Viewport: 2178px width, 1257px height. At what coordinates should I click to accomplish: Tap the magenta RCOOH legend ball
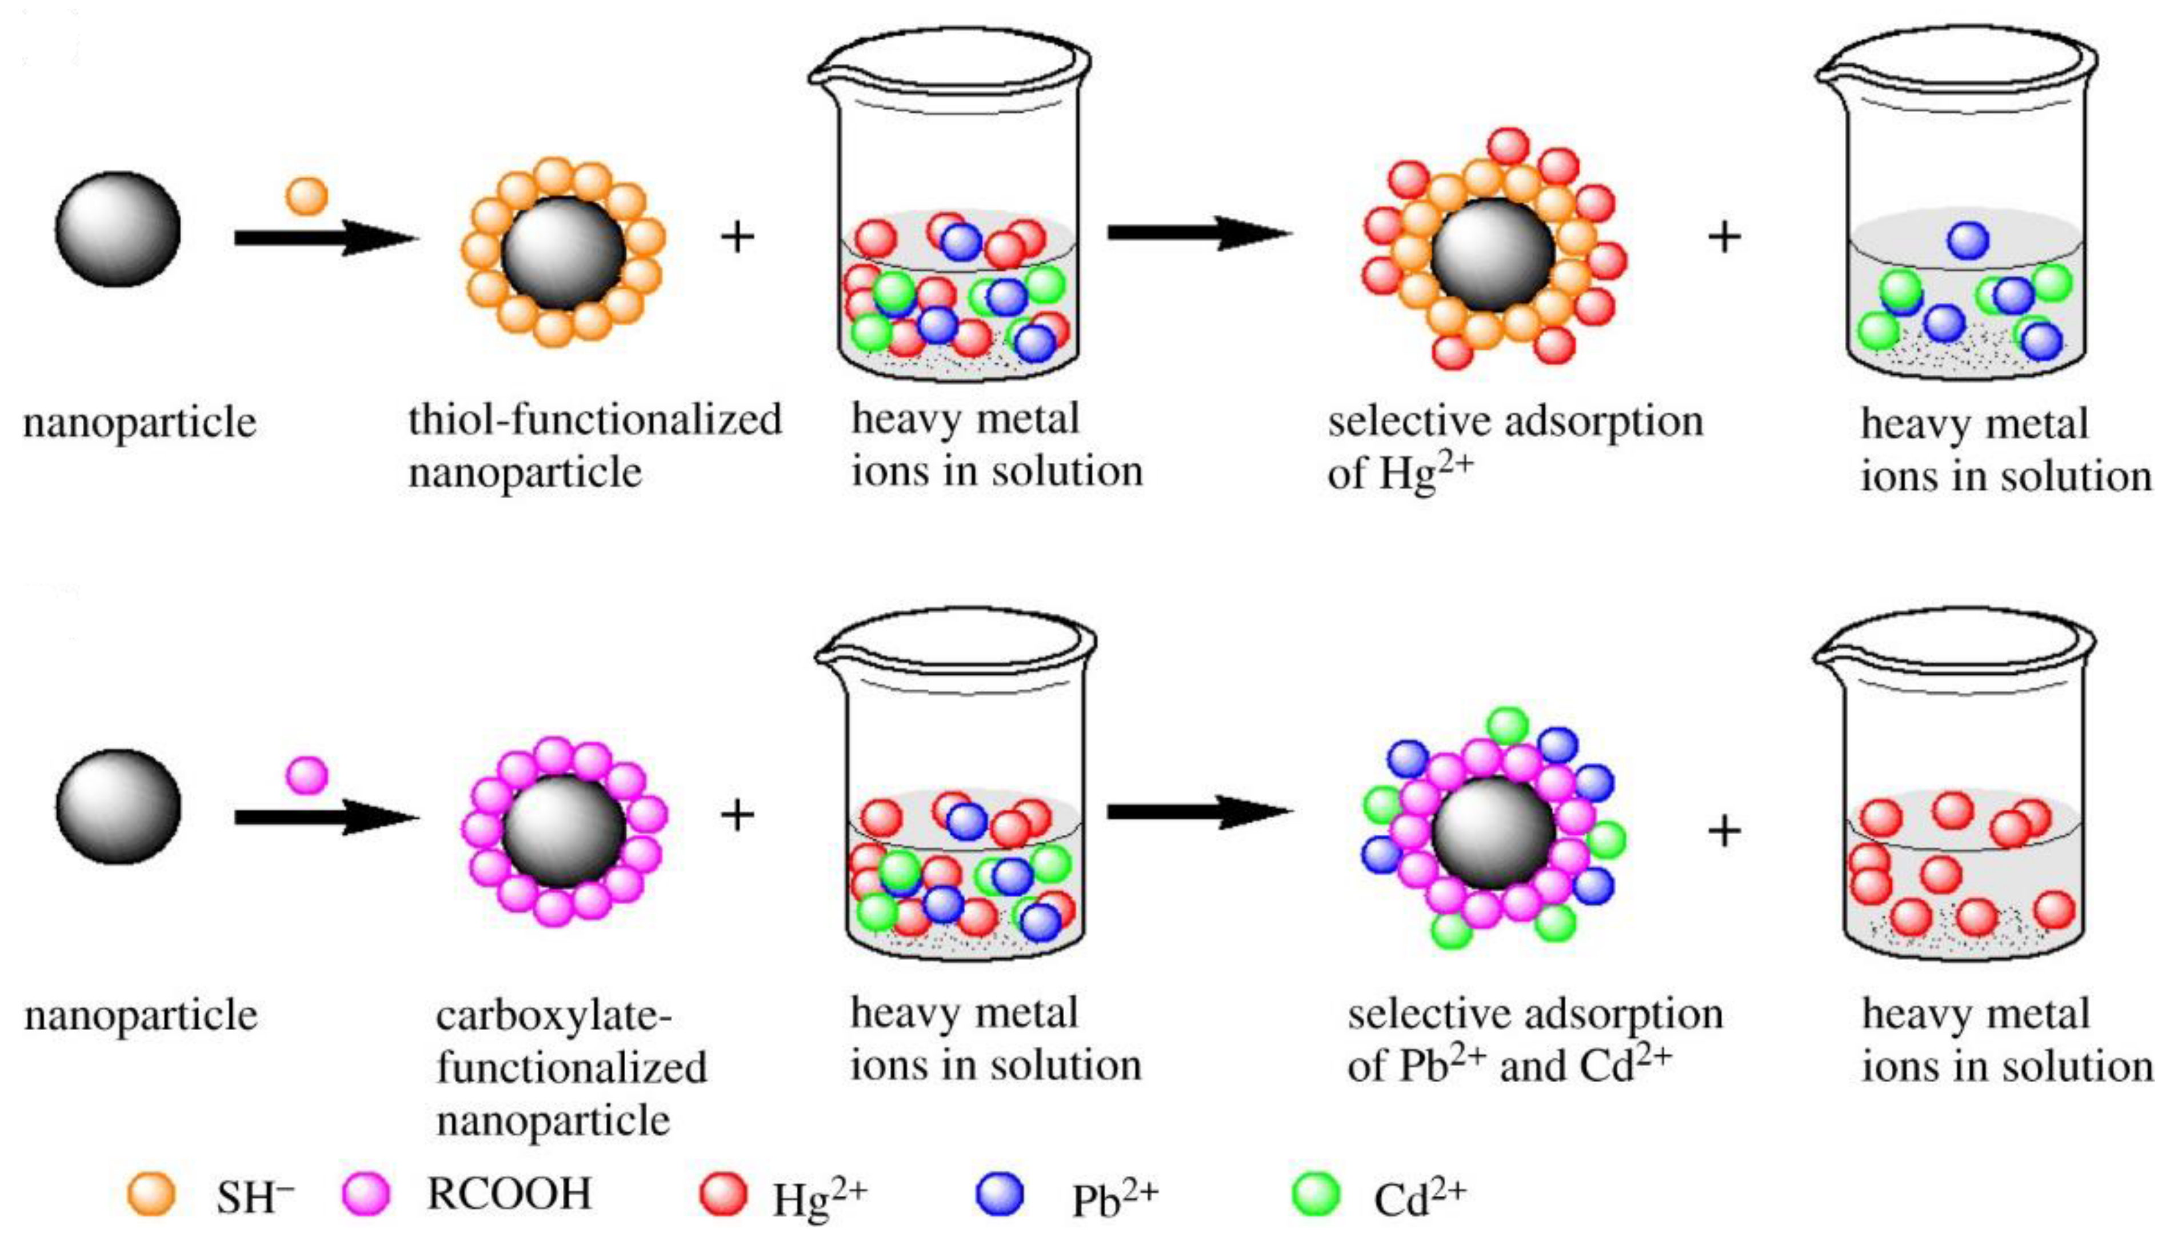click(366, 1195)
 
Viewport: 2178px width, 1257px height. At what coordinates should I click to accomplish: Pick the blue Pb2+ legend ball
click(1000, 1195)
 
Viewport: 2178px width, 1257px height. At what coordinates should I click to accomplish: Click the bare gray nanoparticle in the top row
click(118, 229)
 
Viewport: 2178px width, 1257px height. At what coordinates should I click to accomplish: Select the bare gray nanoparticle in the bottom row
click(118, 806)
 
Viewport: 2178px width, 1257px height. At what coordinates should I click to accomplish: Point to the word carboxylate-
click(553, 1015)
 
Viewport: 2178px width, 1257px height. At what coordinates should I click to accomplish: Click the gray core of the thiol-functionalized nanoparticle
click(563, 252)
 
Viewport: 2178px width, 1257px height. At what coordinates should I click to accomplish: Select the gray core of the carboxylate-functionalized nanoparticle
click(563, 831)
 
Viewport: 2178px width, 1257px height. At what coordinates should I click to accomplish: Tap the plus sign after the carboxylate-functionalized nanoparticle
click(736, 815)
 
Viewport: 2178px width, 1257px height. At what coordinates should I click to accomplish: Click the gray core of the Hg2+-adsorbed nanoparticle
click(1493, 255)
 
